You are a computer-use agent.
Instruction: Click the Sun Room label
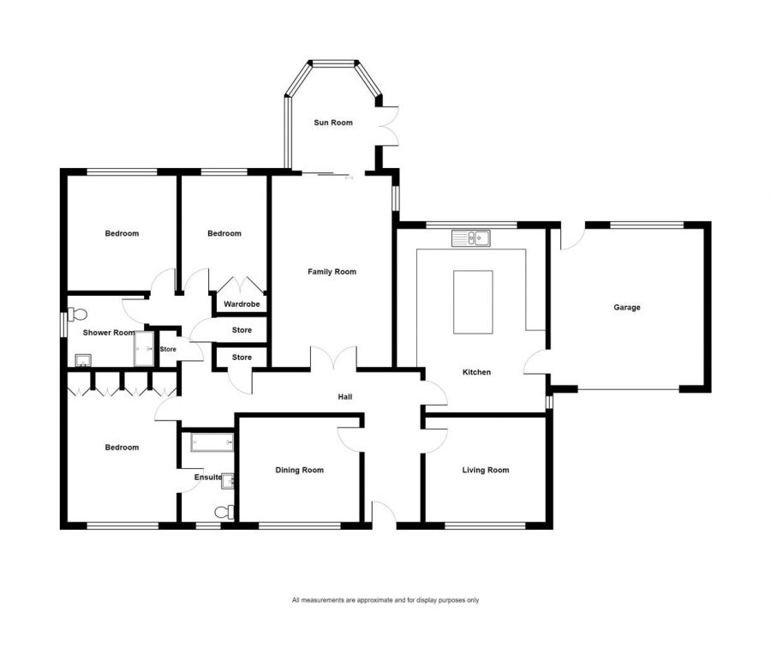point(332,123)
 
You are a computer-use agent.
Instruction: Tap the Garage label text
point(626,308)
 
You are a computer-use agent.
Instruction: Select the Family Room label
point(332,272)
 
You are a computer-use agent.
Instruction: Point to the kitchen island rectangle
point(472,302)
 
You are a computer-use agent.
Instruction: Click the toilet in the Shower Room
point(76,315)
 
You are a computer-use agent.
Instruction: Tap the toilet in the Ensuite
point(225,512)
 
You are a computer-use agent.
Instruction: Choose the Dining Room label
point(299,470)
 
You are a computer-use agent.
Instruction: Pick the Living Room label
point(485,470)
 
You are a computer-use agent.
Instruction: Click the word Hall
point(345,397)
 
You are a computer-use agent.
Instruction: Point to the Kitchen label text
point(476,372)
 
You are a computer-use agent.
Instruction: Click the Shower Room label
point(109,333)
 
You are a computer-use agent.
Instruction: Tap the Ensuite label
point(208,478)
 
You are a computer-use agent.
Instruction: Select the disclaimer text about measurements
point(385,600)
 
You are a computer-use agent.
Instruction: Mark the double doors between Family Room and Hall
point(333,358)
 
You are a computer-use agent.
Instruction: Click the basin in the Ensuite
point(227,482)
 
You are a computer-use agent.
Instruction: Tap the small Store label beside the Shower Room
point(168,349)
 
